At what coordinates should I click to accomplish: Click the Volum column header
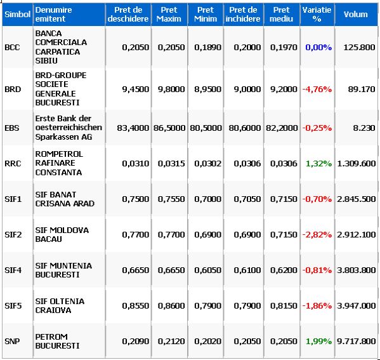pos(355,15)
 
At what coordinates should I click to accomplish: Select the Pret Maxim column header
pos(169,15)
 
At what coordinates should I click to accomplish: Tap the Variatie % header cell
pos(317,15)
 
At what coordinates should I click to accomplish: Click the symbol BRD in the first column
pos(13,90)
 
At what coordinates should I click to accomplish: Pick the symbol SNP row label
pos(12,342)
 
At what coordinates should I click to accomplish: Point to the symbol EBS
pos(12,128)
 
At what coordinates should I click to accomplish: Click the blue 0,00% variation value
pos(318,48)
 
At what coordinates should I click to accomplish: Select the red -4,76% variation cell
pos(317,90)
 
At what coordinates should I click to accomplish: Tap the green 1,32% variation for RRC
pos(318,164)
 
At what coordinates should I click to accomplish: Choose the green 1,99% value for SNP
pos(318,342)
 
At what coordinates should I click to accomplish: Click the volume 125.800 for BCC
pos(359,48)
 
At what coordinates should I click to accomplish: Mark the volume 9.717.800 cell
pos(357,342)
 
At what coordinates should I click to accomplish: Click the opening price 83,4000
pos(133,128)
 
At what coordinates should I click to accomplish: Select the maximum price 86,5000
pos(169,128)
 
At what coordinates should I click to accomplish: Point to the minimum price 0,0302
pos(207,164)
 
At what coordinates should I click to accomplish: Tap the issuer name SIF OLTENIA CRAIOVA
pos(60,305)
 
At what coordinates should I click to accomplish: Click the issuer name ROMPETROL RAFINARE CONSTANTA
pos(59,163)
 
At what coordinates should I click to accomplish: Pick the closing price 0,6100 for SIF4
pos(247,270)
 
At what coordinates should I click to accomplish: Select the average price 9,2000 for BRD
pos(284,90)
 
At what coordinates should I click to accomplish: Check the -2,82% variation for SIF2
pos(317,234)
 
